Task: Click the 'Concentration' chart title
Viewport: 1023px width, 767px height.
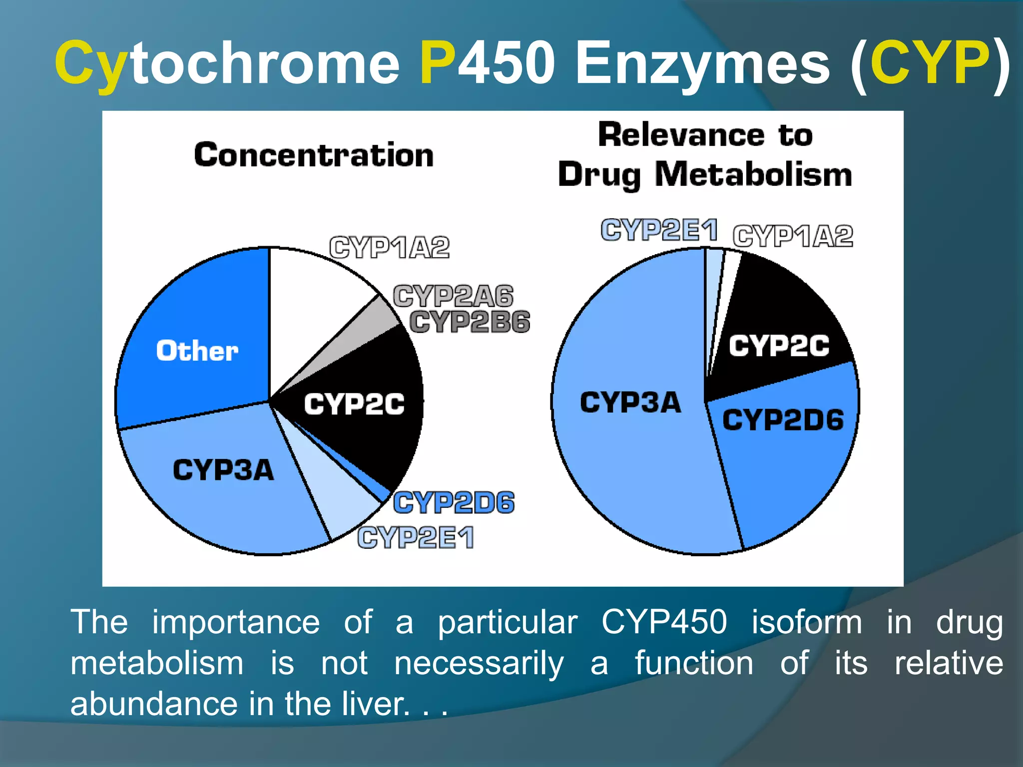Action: (314, 155)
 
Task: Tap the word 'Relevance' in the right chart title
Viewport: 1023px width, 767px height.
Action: (681, 135)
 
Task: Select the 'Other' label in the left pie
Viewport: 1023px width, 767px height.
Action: (197, 351)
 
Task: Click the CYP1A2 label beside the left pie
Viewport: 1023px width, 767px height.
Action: (389, 247)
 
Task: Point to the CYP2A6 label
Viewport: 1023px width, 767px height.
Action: (453, 296)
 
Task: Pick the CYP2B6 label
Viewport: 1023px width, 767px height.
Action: (470, 322)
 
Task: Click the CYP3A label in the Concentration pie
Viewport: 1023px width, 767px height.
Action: (223, 470)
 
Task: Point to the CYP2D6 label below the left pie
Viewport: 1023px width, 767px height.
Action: (454, 502)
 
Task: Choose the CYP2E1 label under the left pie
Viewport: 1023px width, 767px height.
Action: (416, 538)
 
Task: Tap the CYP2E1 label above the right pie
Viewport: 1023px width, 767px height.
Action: (659, 230)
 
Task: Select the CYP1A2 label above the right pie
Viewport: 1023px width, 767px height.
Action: (793, 236)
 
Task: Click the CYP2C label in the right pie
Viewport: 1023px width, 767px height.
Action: (778, 346)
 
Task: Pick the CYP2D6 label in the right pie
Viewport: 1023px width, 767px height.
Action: (783, 420)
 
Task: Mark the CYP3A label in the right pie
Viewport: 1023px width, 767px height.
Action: (630, 402)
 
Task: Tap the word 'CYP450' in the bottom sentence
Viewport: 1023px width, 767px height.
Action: (664, 622)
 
